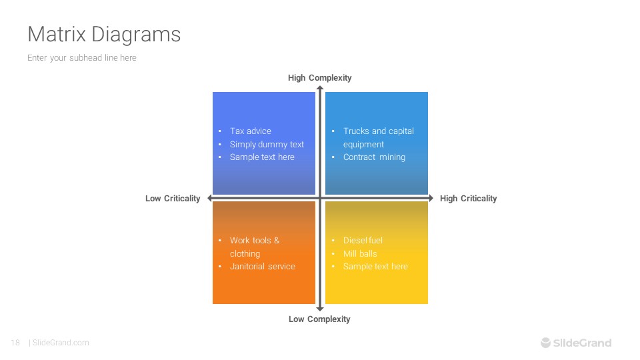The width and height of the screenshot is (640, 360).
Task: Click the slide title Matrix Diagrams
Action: (104, 34)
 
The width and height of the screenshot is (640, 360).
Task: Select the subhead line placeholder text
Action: (82, 58)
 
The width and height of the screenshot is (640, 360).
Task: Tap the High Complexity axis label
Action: (319, 78)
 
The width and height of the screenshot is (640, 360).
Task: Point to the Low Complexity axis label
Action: (319, 319)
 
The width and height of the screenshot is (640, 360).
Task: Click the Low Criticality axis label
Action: (173, 199)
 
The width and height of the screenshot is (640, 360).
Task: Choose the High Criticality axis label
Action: (468, 199)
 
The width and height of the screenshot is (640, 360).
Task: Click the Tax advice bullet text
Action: (250, 131)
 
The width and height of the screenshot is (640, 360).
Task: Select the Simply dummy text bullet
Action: (267, 144)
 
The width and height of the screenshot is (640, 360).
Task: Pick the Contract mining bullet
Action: (374, 157)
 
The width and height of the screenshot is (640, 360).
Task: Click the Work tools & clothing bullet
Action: (254, 247)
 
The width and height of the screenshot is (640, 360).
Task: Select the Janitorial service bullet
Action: (262, 267)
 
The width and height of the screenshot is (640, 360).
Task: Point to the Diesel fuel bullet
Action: (363, 241)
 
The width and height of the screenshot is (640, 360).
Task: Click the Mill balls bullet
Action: (360, 253)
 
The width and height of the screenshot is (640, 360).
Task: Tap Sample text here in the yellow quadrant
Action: (375, 267)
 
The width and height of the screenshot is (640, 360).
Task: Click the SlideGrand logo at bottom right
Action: (575, 343)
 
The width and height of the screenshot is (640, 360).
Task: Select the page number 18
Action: (15, 343)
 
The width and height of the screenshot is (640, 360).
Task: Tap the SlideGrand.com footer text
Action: (61, 343)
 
